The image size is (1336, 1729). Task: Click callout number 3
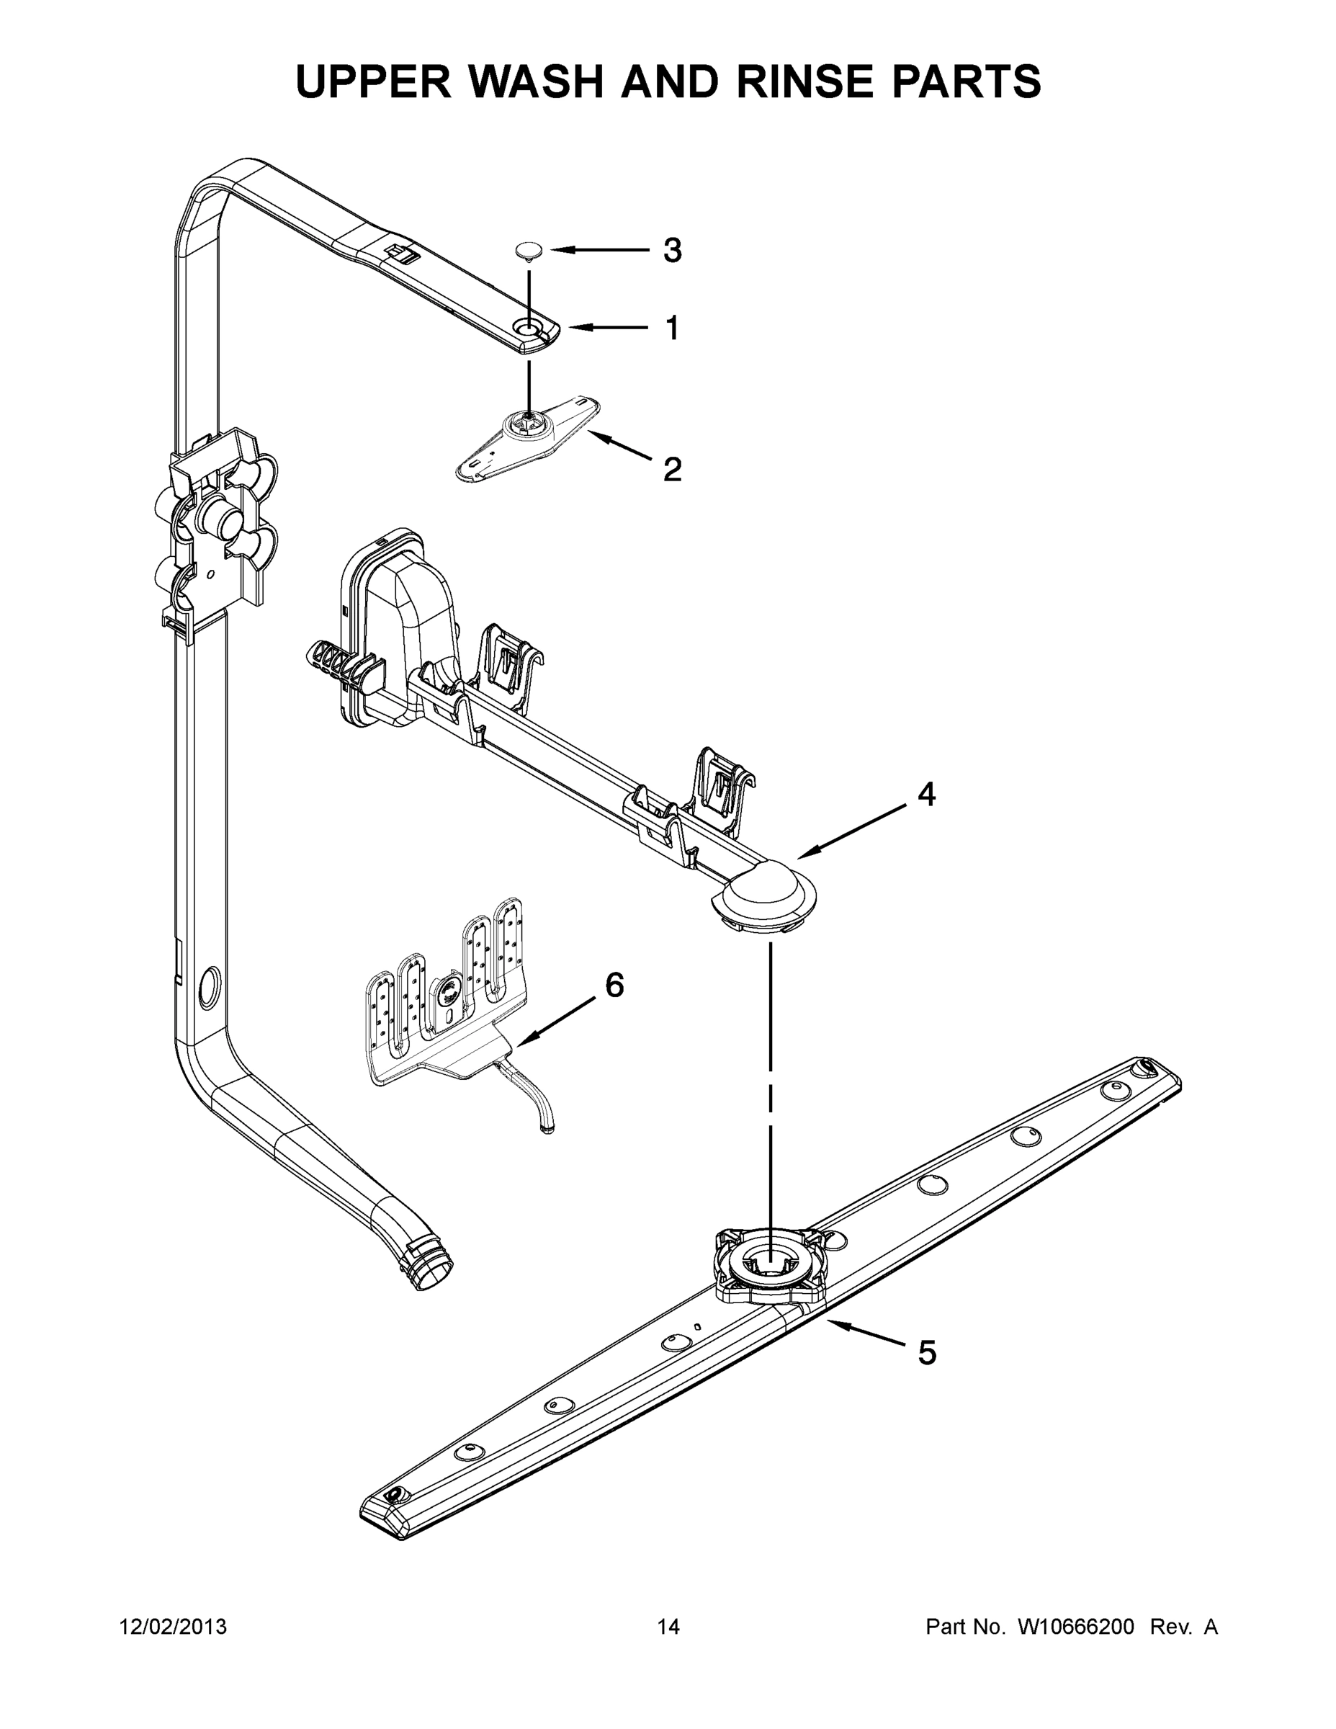pyautogui.click(x=671, y=251)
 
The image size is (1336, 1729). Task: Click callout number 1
pyautogui.click(x=672, y=328)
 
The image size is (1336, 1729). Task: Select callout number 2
pyautogui.click(x=672, y=470)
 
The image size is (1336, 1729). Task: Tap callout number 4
pyautogui.click(x=926, y=794)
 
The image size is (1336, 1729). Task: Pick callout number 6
pyautogui.click(x=614, y=985)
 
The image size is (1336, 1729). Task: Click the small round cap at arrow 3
pyautogui.click(x=528, y=251)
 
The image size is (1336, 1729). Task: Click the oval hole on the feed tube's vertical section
pyautogui.click(x=208, y=986)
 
